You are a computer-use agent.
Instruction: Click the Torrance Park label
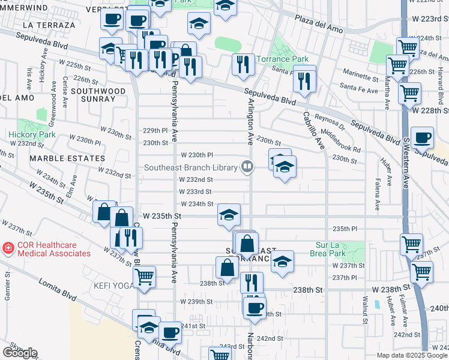[283, 59]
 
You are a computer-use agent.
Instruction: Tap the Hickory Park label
[32, 135]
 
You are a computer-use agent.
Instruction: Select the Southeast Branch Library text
[192, 167]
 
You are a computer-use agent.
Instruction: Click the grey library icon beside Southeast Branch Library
[247, 166]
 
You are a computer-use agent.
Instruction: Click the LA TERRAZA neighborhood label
[49, 25]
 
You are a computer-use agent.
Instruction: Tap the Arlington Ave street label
[249, 120]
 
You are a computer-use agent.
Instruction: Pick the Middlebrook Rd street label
[341, 141]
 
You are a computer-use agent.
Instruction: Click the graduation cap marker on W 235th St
[229, 215]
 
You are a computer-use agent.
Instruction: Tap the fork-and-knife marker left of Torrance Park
[243, 64]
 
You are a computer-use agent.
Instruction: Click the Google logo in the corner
[19, 353]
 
